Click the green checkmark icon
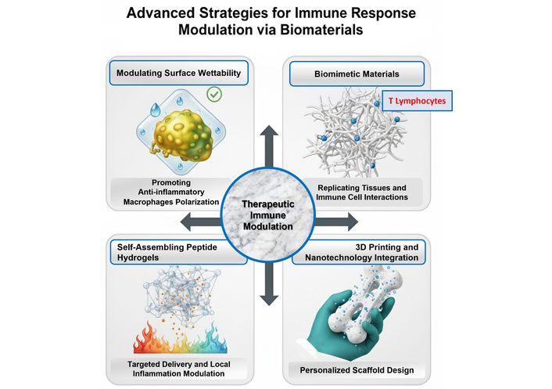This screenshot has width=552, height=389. [x=213, y=95]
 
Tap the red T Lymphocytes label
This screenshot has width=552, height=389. [x=418, y=102]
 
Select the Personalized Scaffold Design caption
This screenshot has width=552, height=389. [x=361, y=368]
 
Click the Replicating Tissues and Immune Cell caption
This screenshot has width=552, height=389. [x=361, y=193]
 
